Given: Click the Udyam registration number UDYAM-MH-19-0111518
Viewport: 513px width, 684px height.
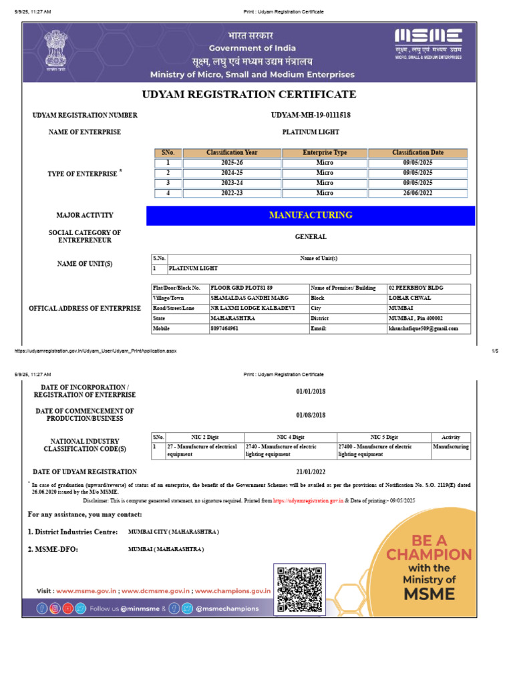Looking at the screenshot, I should click(x=311, y=115).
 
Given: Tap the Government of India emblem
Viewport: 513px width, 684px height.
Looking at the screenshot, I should click(x=56, y=51).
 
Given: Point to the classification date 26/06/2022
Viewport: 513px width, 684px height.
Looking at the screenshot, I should click(x=417, y=193).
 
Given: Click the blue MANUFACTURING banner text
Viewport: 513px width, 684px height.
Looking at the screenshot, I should click(x=310, y=215).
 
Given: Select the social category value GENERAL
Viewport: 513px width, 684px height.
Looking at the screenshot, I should click(x=311, y=236).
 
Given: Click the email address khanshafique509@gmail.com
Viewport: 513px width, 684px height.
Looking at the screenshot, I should click(x=423, y=329).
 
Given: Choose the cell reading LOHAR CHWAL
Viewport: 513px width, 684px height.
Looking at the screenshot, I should click(x=410, y=298).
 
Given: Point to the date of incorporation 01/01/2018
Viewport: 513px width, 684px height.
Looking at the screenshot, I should click(x=311, y=391).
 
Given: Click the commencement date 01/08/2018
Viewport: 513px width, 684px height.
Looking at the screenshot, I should click(x=311, y=415).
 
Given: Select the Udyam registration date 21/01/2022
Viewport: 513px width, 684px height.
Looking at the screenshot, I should click(x=311, y=472).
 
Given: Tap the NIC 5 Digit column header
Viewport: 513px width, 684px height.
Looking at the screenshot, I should click(x=384, y=436).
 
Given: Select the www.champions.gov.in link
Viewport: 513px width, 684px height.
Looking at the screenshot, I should click(x=233, y=591).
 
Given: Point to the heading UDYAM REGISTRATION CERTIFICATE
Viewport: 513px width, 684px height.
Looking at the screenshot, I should click(x=248, y=94).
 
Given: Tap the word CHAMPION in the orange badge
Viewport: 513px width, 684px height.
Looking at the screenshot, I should click(x=429, y=554).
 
